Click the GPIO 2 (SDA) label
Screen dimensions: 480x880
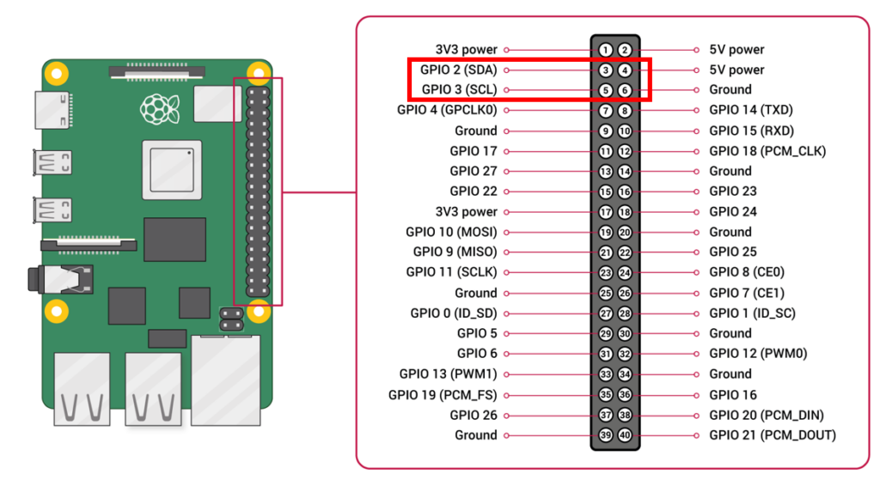click(459, 70)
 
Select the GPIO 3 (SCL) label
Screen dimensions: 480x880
click(460, 89)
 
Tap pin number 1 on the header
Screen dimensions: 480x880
click(606, 50)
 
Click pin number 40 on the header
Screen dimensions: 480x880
click(625, 435)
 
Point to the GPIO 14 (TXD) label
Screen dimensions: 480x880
click(751, 110)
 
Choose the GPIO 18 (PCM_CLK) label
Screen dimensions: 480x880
click(767, 151)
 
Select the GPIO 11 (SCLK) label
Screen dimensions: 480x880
click(451, 272)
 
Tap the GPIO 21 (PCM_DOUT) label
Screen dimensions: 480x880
click(773, 435)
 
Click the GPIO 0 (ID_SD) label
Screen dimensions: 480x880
click(454, 313)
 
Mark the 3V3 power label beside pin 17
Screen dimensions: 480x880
click(467, 211)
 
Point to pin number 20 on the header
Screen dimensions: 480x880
click(625, 232)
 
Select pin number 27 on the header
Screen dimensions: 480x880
click(606, 313)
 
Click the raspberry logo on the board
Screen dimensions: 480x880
click(156, 109)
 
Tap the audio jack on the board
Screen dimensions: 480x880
click(60, 280)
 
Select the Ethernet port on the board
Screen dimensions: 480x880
click(226, 379)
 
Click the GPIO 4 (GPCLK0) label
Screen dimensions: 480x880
click(447, 110)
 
